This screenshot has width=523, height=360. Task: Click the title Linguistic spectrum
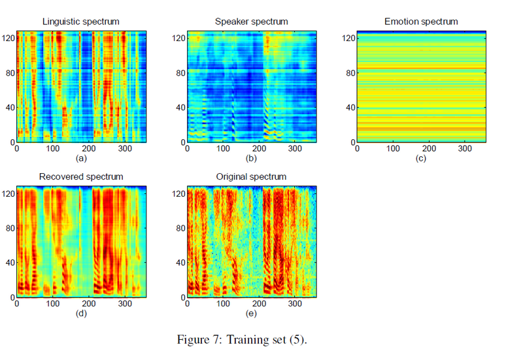coord(81,22)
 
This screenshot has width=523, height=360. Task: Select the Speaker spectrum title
coord(251,22)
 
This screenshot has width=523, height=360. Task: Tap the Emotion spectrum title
coord(421,22)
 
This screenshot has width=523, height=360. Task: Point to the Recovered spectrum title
coord(81,177)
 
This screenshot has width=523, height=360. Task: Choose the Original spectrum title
coord(251,177)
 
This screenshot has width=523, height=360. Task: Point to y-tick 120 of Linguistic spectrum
coord(8,39)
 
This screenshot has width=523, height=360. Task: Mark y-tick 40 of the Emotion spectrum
coord(347,108)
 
